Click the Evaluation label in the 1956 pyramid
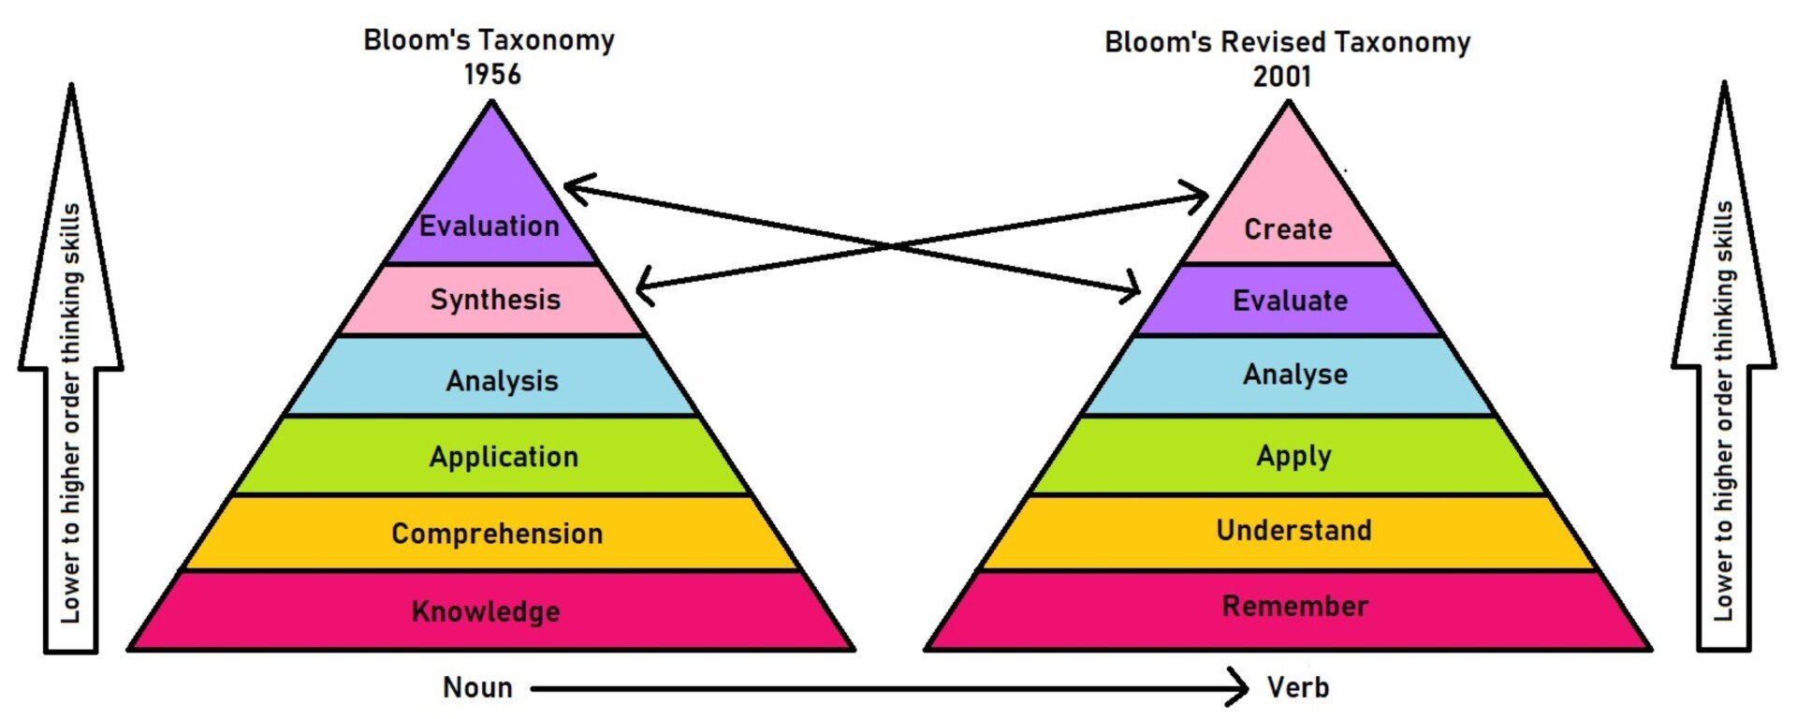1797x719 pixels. [489, 227]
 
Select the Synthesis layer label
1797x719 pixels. [495, 300]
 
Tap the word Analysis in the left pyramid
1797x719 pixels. [502, 381]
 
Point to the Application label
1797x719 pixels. [504, 457]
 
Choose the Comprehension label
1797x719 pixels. [497, 534]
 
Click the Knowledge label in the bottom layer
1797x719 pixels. [486, 611]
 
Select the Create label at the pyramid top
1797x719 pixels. [1288, 229]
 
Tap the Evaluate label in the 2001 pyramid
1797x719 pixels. [1290, 301]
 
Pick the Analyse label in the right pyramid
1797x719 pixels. [1295, 374]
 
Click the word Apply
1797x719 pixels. [1293, 456]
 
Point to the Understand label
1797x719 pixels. [1293, 531]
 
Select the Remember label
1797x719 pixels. [1294, 606]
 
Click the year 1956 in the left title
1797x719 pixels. [492, 74]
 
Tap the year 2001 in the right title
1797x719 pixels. [1282, 76]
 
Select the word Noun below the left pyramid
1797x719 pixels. [477, 688]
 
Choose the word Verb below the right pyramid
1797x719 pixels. [1297, 688]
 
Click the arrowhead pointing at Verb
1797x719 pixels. [1240, 688]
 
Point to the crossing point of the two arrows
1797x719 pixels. [889, 246]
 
